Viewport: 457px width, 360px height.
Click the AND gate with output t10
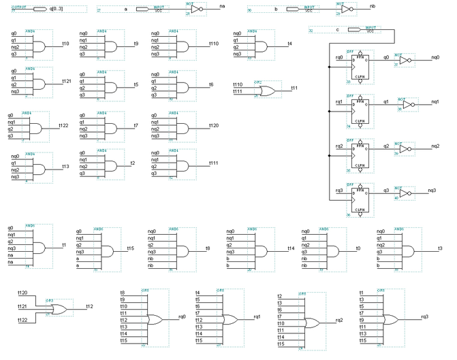38,45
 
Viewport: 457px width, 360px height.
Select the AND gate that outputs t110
184,45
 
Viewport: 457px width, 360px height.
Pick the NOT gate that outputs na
197,10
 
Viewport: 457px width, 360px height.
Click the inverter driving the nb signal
347,10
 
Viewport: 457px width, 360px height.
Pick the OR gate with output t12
57,308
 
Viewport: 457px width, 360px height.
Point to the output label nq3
432,191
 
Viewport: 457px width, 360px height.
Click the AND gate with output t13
38,167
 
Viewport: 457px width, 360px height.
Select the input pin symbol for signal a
144,10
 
